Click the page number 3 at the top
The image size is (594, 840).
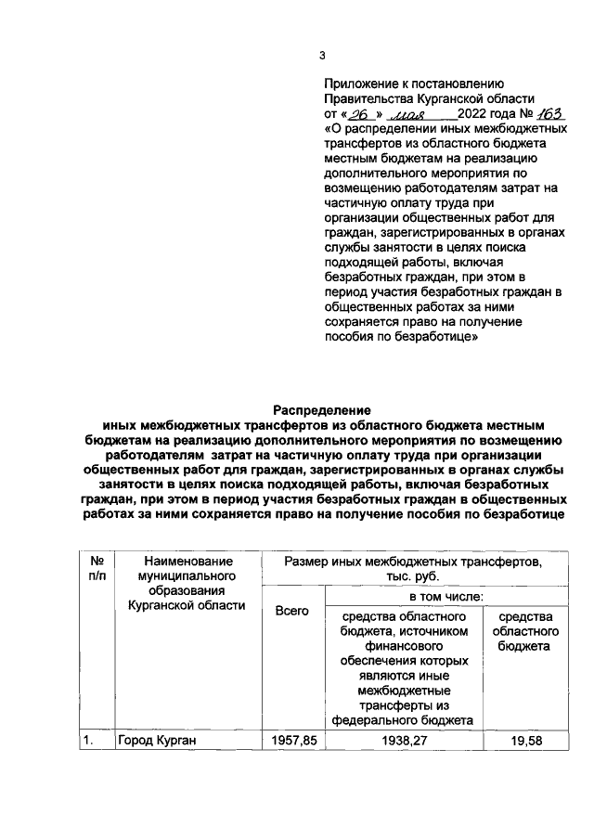click(322, 55)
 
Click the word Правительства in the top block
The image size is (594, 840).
click(368, 99)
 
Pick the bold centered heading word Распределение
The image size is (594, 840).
click(321, 409)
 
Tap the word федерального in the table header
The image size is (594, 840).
click(403, 720)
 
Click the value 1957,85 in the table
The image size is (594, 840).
click(292, 742)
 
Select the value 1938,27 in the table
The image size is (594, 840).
click(403, 742)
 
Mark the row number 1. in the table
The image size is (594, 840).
click(88, 742)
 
